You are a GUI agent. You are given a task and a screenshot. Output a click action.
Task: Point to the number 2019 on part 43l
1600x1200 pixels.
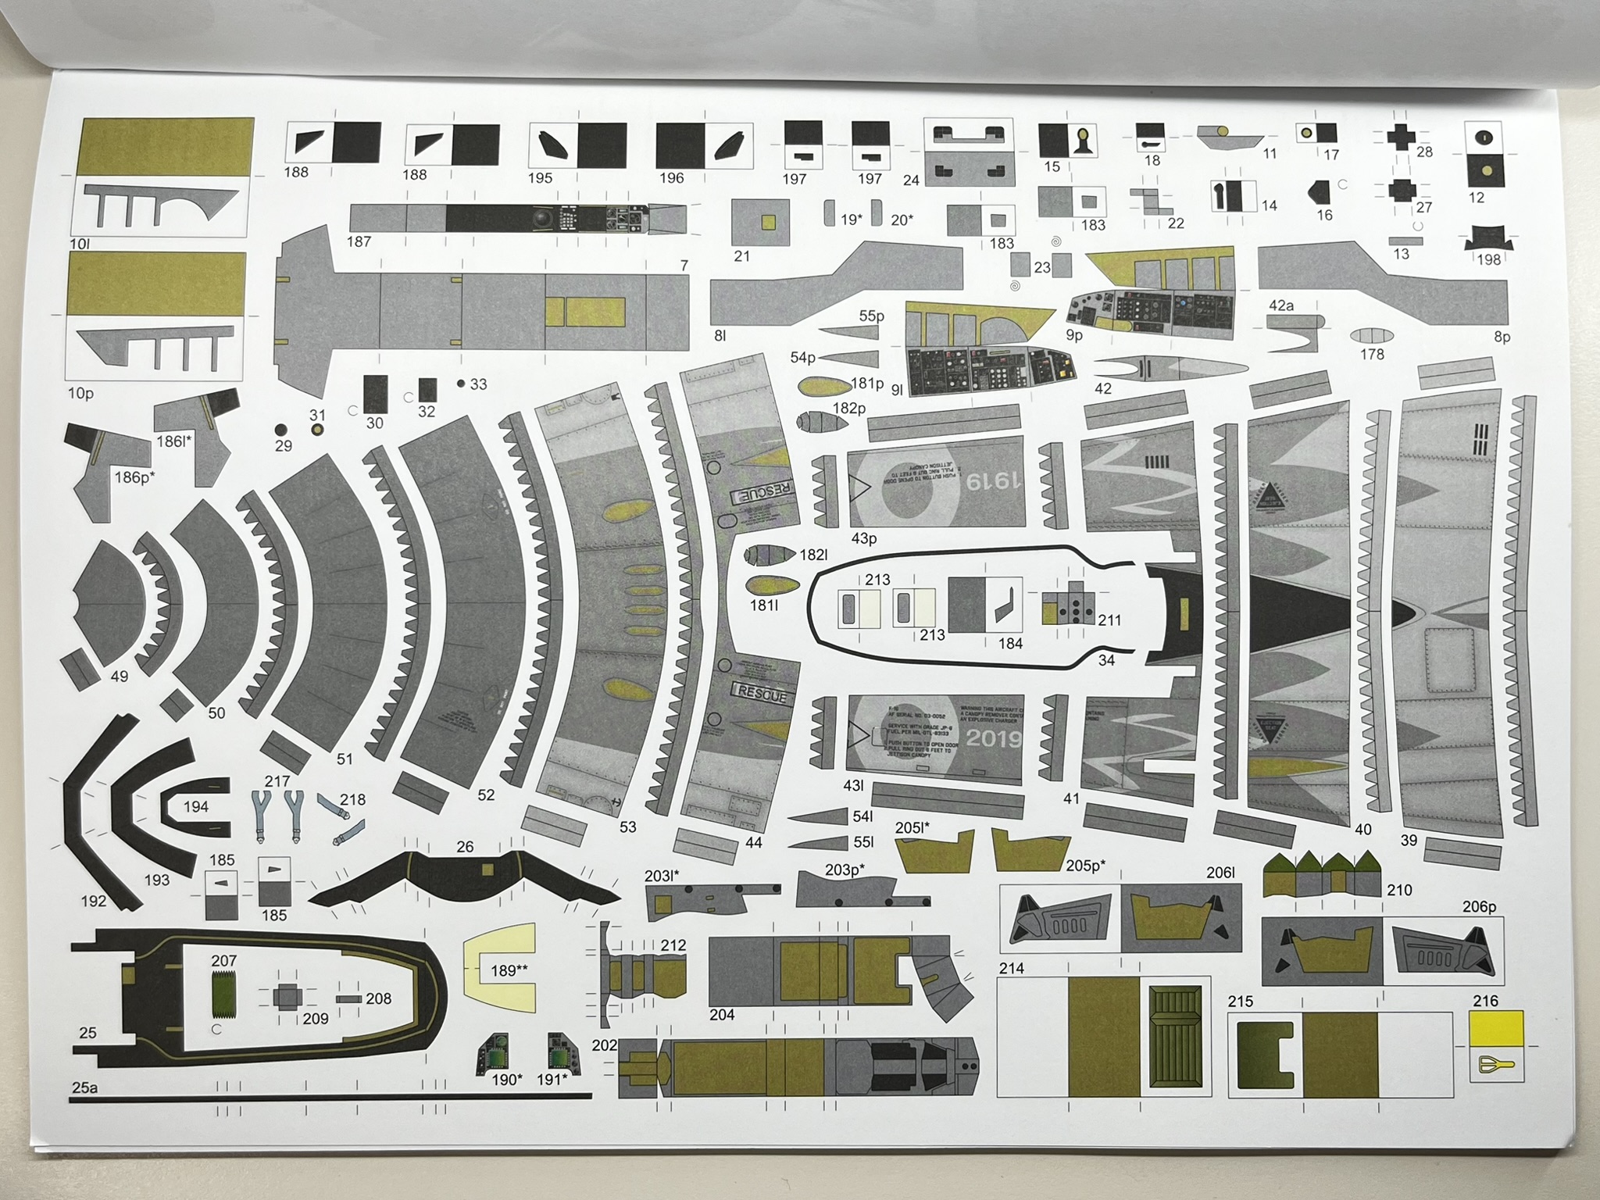993,738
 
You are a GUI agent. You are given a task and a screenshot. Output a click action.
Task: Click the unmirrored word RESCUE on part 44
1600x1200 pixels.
762,694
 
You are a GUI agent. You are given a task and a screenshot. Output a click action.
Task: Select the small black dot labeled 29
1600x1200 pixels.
281,429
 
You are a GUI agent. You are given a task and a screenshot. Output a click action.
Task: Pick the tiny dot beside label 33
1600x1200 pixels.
461,384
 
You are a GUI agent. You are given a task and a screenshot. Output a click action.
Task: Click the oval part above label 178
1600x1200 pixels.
1371,336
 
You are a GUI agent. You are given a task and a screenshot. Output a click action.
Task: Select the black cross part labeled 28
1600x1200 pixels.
1401,138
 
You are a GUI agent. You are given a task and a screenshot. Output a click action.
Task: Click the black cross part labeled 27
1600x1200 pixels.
1402,190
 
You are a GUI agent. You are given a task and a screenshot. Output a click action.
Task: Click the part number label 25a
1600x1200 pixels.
84,1087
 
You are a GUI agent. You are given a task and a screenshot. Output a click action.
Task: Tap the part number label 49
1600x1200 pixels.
120,677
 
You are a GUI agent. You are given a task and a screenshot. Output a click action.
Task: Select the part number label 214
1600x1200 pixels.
1012,968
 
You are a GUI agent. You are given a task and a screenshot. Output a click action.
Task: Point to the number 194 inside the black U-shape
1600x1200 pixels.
195,806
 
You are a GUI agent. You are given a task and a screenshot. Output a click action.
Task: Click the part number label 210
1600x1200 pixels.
1399,890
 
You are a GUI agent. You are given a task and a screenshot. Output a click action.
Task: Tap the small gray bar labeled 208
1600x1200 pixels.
348,999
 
